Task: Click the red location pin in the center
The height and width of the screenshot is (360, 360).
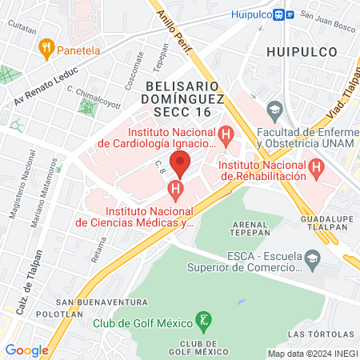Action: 180,163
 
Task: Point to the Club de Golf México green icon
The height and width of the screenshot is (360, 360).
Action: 205,322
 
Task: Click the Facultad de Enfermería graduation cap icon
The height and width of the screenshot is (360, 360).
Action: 275,108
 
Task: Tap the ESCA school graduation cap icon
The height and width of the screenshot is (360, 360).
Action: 313,257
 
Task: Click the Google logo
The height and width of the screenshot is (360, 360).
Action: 26,350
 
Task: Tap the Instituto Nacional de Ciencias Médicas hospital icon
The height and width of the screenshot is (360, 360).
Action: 175,190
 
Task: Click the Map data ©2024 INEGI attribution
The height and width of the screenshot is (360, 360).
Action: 312,353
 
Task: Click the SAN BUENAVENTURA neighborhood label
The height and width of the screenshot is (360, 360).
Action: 113,302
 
